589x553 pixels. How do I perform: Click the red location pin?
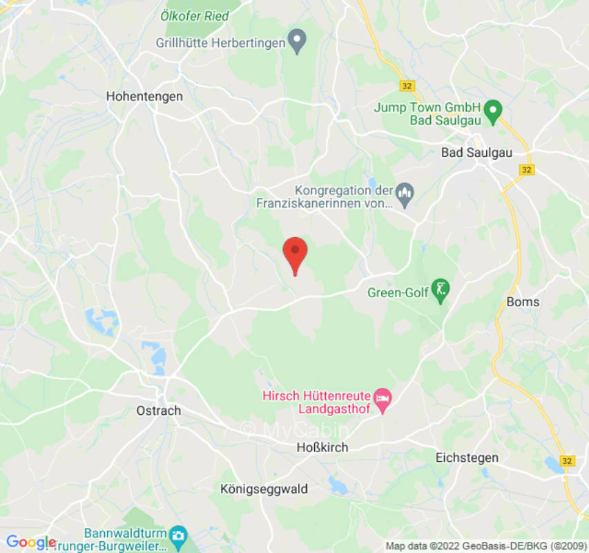tap(296, 253)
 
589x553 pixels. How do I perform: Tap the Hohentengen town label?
tap(144, 97)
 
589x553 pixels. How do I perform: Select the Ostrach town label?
tap(158, 411)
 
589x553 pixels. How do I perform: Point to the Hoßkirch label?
tap(322, 447)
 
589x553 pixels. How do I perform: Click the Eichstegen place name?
tap(467, 458)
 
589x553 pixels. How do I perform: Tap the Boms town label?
tap(523, 302)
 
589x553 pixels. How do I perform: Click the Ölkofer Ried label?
tap(194, 15)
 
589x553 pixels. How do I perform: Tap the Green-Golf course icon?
tap(441, 290)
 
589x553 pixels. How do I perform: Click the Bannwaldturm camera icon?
tap(178, 535)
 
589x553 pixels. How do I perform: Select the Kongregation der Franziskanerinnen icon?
tap(405, 196)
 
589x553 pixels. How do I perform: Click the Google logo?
tap(30, 543)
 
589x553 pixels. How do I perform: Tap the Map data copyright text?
tap(484, 546)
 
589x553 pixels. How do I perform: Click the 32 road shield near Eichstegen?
tap(568, 460)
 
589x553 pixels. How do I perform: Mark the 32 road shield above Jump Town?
tap(407, 85)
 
